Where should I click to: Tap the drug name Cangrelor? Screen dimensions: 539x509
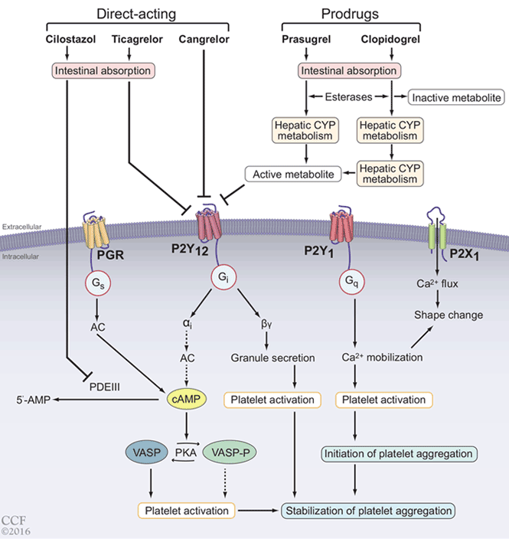[x=204, y=38]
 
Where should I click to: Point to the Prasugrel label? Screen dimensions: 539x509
[x=306, y=38]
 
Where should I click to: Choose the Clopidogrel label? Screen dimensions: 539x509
[x=391, y=38]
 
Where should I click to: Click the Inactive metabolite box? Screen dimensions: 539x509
[x=456, y=97]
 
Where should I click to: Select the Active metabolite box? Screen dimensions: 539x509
[x=292, y=174]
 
